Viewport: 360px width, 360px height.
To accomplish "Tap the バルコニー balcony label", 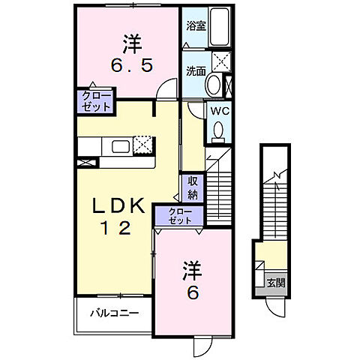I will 113,313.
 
